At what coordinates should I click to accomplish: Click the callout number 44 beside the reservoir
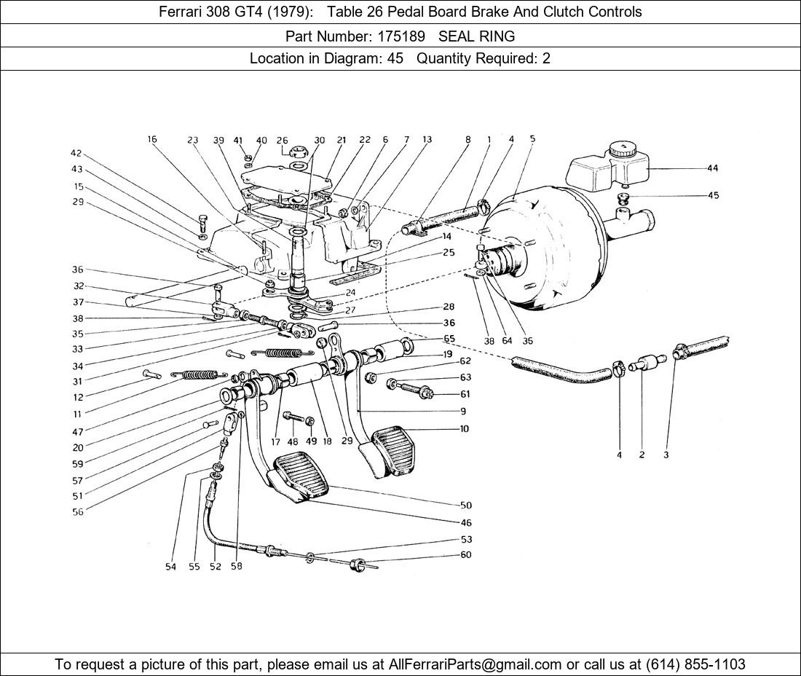[712, 168]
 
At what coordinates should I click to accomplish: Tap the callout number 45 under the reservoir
[712, 195]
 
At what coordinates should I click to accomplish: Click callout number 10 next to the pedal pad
[464, 429]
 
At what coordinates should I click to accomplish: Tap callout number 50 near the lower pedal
[466, 505]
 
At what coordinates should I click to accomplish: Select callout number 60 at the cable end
[466, 555]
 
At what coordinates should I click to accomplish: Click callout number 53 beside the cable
[466, 540]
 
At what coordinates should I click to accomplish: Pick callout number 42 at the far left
[76, 154]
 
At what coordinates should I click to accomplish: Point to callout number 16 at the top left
[151, 140]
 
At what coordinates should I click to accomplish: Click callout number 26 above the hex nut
[282, 141]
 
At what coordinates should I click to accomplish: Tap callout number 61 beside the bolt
[465, 394]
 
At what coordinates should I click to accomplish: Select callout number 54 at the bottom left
[170, 567]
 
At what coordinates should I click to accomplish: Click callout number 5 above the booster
[533, 138]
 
